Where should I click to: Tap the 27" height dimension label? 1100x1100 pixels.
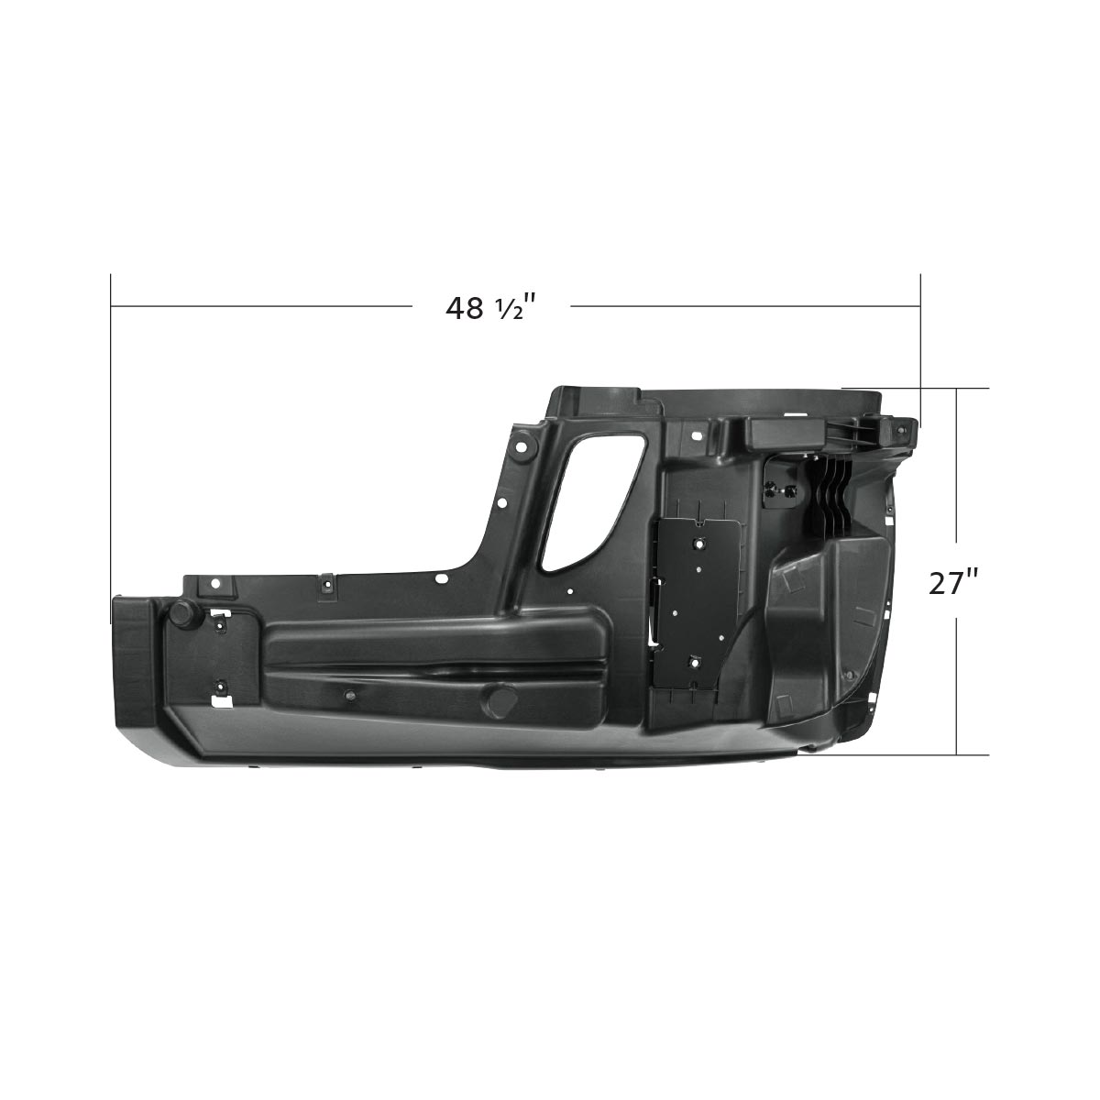click(954, 582)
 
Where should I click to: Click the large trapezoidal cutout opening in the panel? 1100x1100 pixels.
click(590, 500)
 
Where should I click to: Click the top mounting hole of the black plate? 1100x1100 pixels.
click(700, 543)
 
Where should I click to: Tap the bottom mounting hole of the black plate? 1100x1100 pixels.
click(694, 660)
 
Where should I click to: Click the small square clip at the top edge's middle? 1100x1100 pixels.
click(326, 583)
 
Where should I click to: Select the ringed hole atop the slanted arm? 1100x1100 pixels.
click(522, 445)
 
